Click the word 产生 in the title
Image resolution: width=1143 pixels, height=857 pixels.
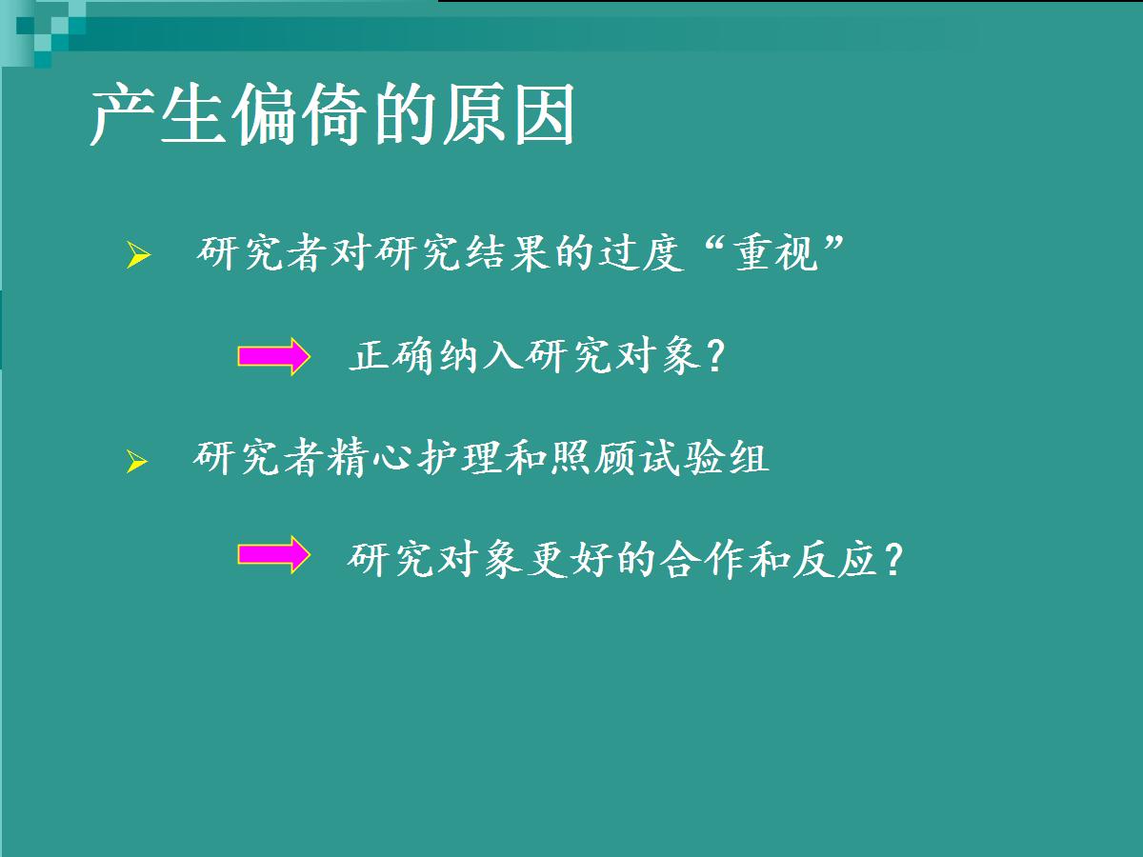(158, 113)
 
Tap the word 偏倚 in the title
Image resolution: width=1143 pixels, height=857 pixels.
(299, 113)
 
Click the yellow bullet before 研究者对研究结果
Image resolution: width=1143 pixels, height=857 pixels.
(138, 255)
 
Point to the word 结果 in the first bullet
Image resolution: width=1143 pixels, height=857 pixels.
(508, 253)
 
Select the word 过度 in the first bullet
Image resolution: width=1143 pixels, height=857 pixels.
(642, 253)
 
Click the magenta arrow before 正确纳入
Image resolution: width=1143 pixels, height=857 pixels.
(274, 356)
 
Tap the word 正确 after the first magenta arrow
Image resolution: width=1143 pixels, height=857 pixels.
(391, 356)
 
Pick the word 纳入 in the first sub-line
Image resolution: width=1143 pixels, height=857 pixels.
(482, 356)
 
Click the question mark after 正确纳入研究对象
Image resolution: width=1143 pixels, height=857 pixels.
(717, 356)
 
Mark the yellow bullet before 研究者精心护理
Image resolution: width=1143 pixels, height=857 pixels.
(137, 462)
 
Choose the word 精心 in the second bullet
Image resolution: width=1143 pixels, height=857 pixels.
(370, 458)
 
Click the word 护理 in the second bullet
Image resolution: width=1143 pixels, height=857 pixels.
(461, 458)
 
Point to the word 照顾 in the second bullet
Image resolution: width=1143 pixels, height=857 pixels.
(593, 458)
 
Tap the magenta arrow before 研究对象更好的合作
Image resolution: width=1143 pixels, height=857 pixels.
(274, 554)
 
